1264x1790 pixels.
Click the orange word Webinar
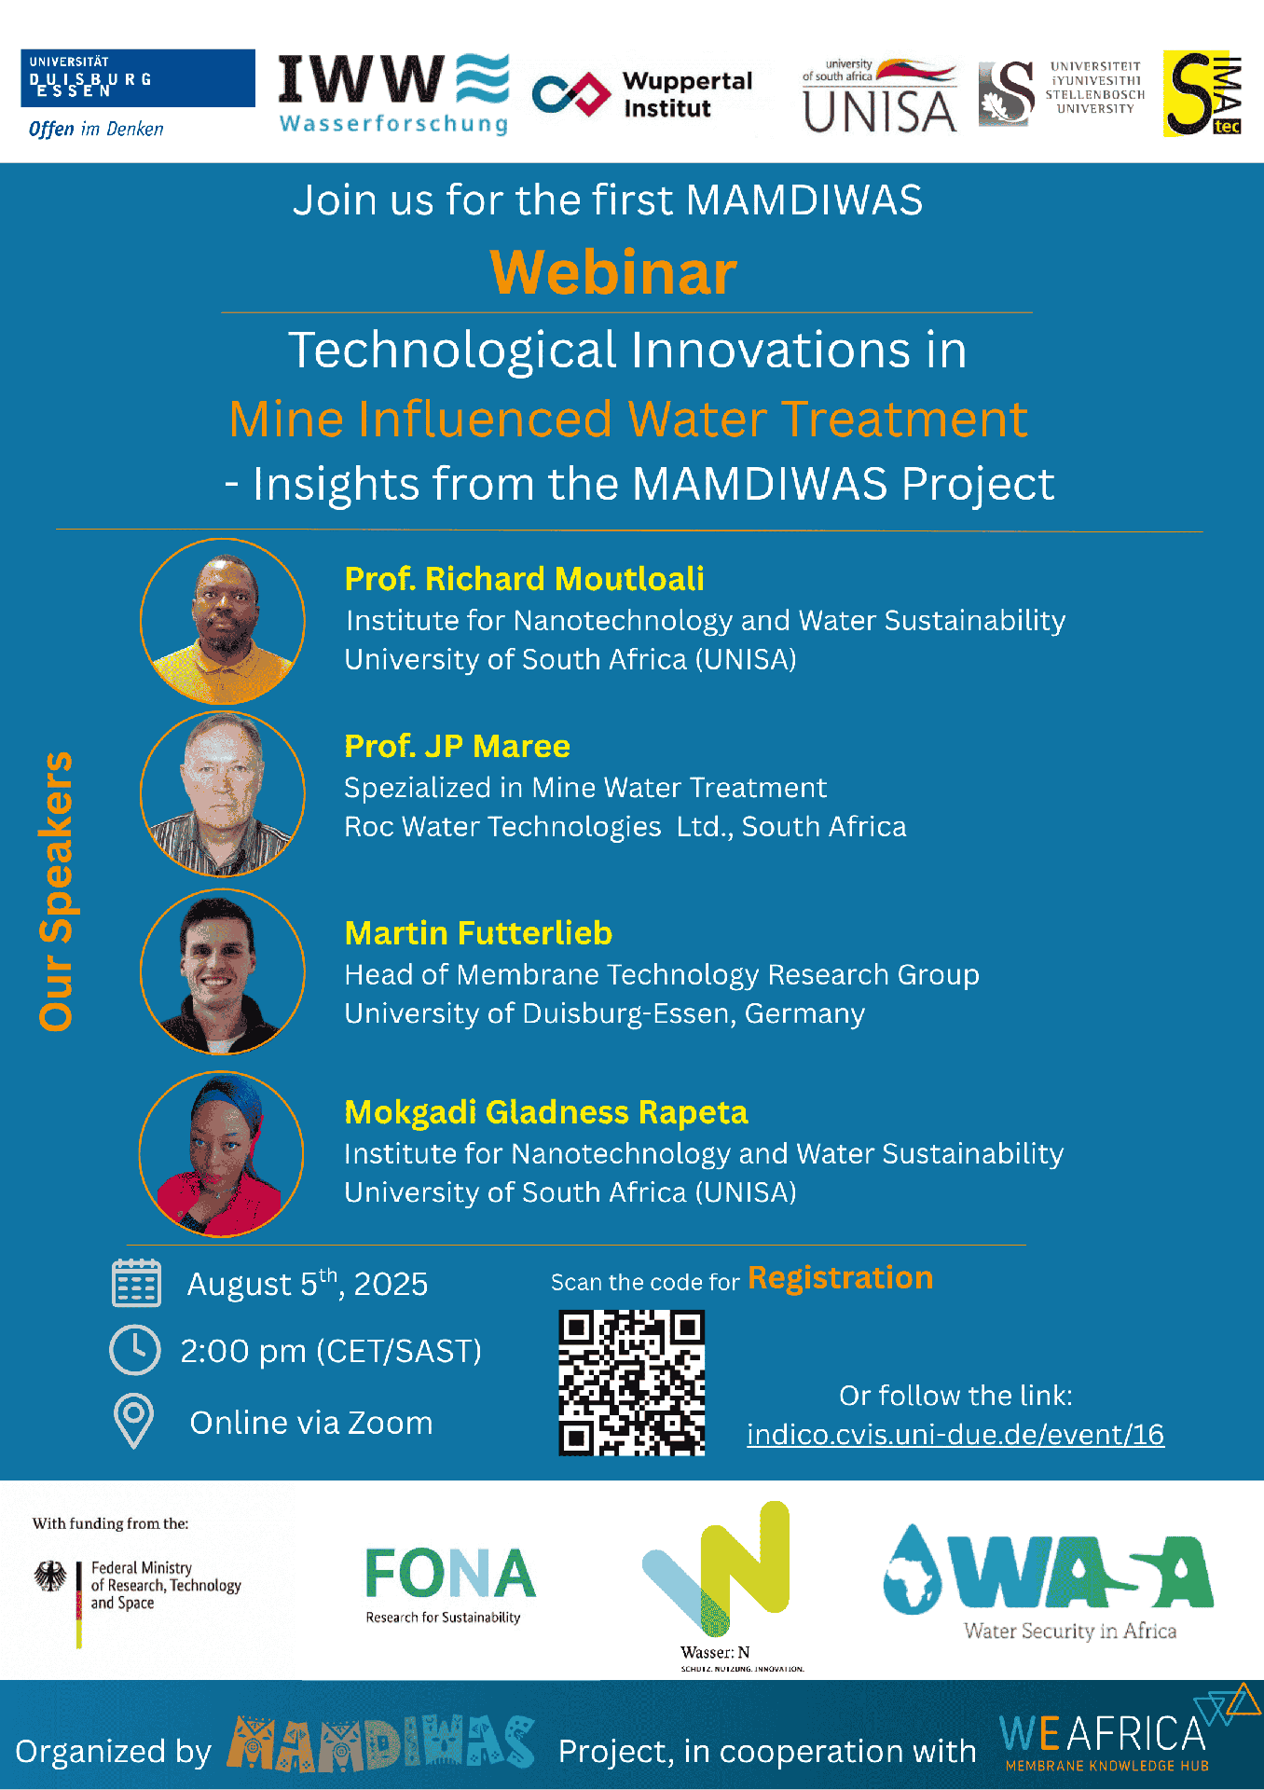613,272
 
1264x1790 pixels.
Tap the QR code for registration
631,1383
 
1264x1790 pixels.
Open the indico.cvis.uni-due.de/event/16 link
955,1434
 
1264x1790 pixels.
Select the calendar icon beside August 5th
136,1283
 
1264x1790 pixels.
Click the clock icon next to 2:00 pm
135,1349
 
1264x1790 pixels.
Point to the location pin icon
133,1421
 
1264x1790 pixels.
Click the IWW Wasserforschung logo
394,94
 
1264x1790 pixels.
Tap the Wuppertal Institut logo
642,94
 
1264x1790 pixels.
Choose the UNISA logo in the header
880,96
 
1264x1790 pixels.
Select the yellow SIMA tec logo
1202,94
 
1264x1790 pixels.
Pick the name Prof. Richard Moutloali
524,579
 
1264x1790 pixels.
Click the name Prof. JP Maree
457,746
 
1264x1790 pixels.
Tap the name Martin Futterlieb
478,933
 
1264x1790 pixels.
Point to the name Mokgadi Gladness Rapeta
546,1112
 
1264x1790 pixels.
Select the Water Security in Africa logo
1049,1581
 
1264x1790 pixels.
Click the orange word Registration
840,1277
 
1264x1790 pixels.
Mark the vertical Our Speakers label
56,891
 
